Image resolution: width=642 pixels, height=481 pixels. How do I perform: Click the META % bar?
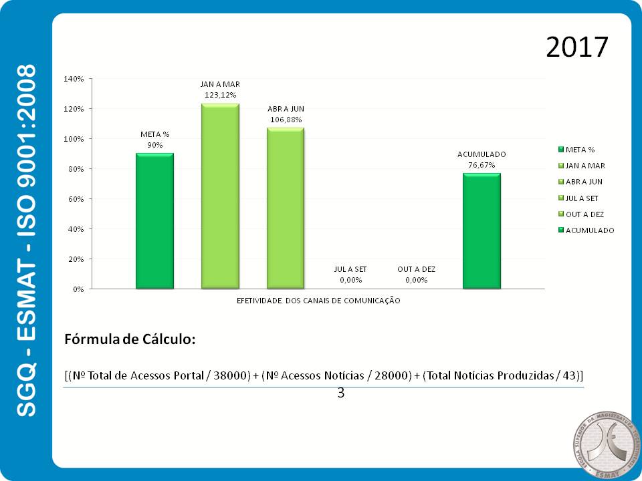(154, 221)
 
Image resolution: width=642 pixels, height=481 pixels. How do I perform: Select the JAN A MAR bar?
(220, 196)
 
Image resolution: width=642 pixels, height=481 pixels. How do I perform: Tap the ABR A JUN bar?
(286, 208)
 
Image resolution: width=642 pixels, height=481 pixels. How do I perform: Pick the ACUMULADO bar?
(481, 231)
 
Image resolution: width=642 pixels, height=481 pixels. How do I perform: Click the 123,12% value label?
(220, 96)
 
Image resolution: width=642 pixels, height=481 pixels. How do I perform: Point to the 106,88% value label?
(286, 120)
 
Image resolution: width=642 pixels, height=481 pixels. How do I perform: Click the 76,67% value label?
(481, 164)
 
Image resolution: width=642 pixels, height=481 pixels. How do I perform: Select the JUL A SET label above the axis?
(350, 269)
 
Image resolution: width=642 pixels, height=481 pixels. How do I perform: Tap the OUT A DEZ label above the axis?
(416, 269)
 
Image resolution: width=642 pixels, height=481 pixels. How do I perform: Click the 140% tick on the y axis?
(73, 79)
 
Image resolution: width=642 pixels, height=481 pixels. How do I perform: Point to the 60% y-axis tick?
(75, 199)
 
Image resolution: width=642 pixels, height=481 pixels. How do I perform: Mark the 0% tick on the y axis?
(77, 289)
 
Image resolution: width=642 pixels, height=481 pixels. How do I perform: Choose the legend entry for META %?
(579, 150)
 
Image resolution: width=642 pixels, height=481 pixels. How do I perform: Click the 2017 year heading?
(576, 47)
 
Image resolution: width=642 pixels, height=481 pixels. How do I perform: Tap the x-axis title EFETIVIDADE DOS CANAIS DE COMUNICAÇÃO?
(318, 301)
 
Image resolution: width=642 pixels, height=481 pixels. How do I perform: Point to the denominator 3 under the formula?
(340, 393)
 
